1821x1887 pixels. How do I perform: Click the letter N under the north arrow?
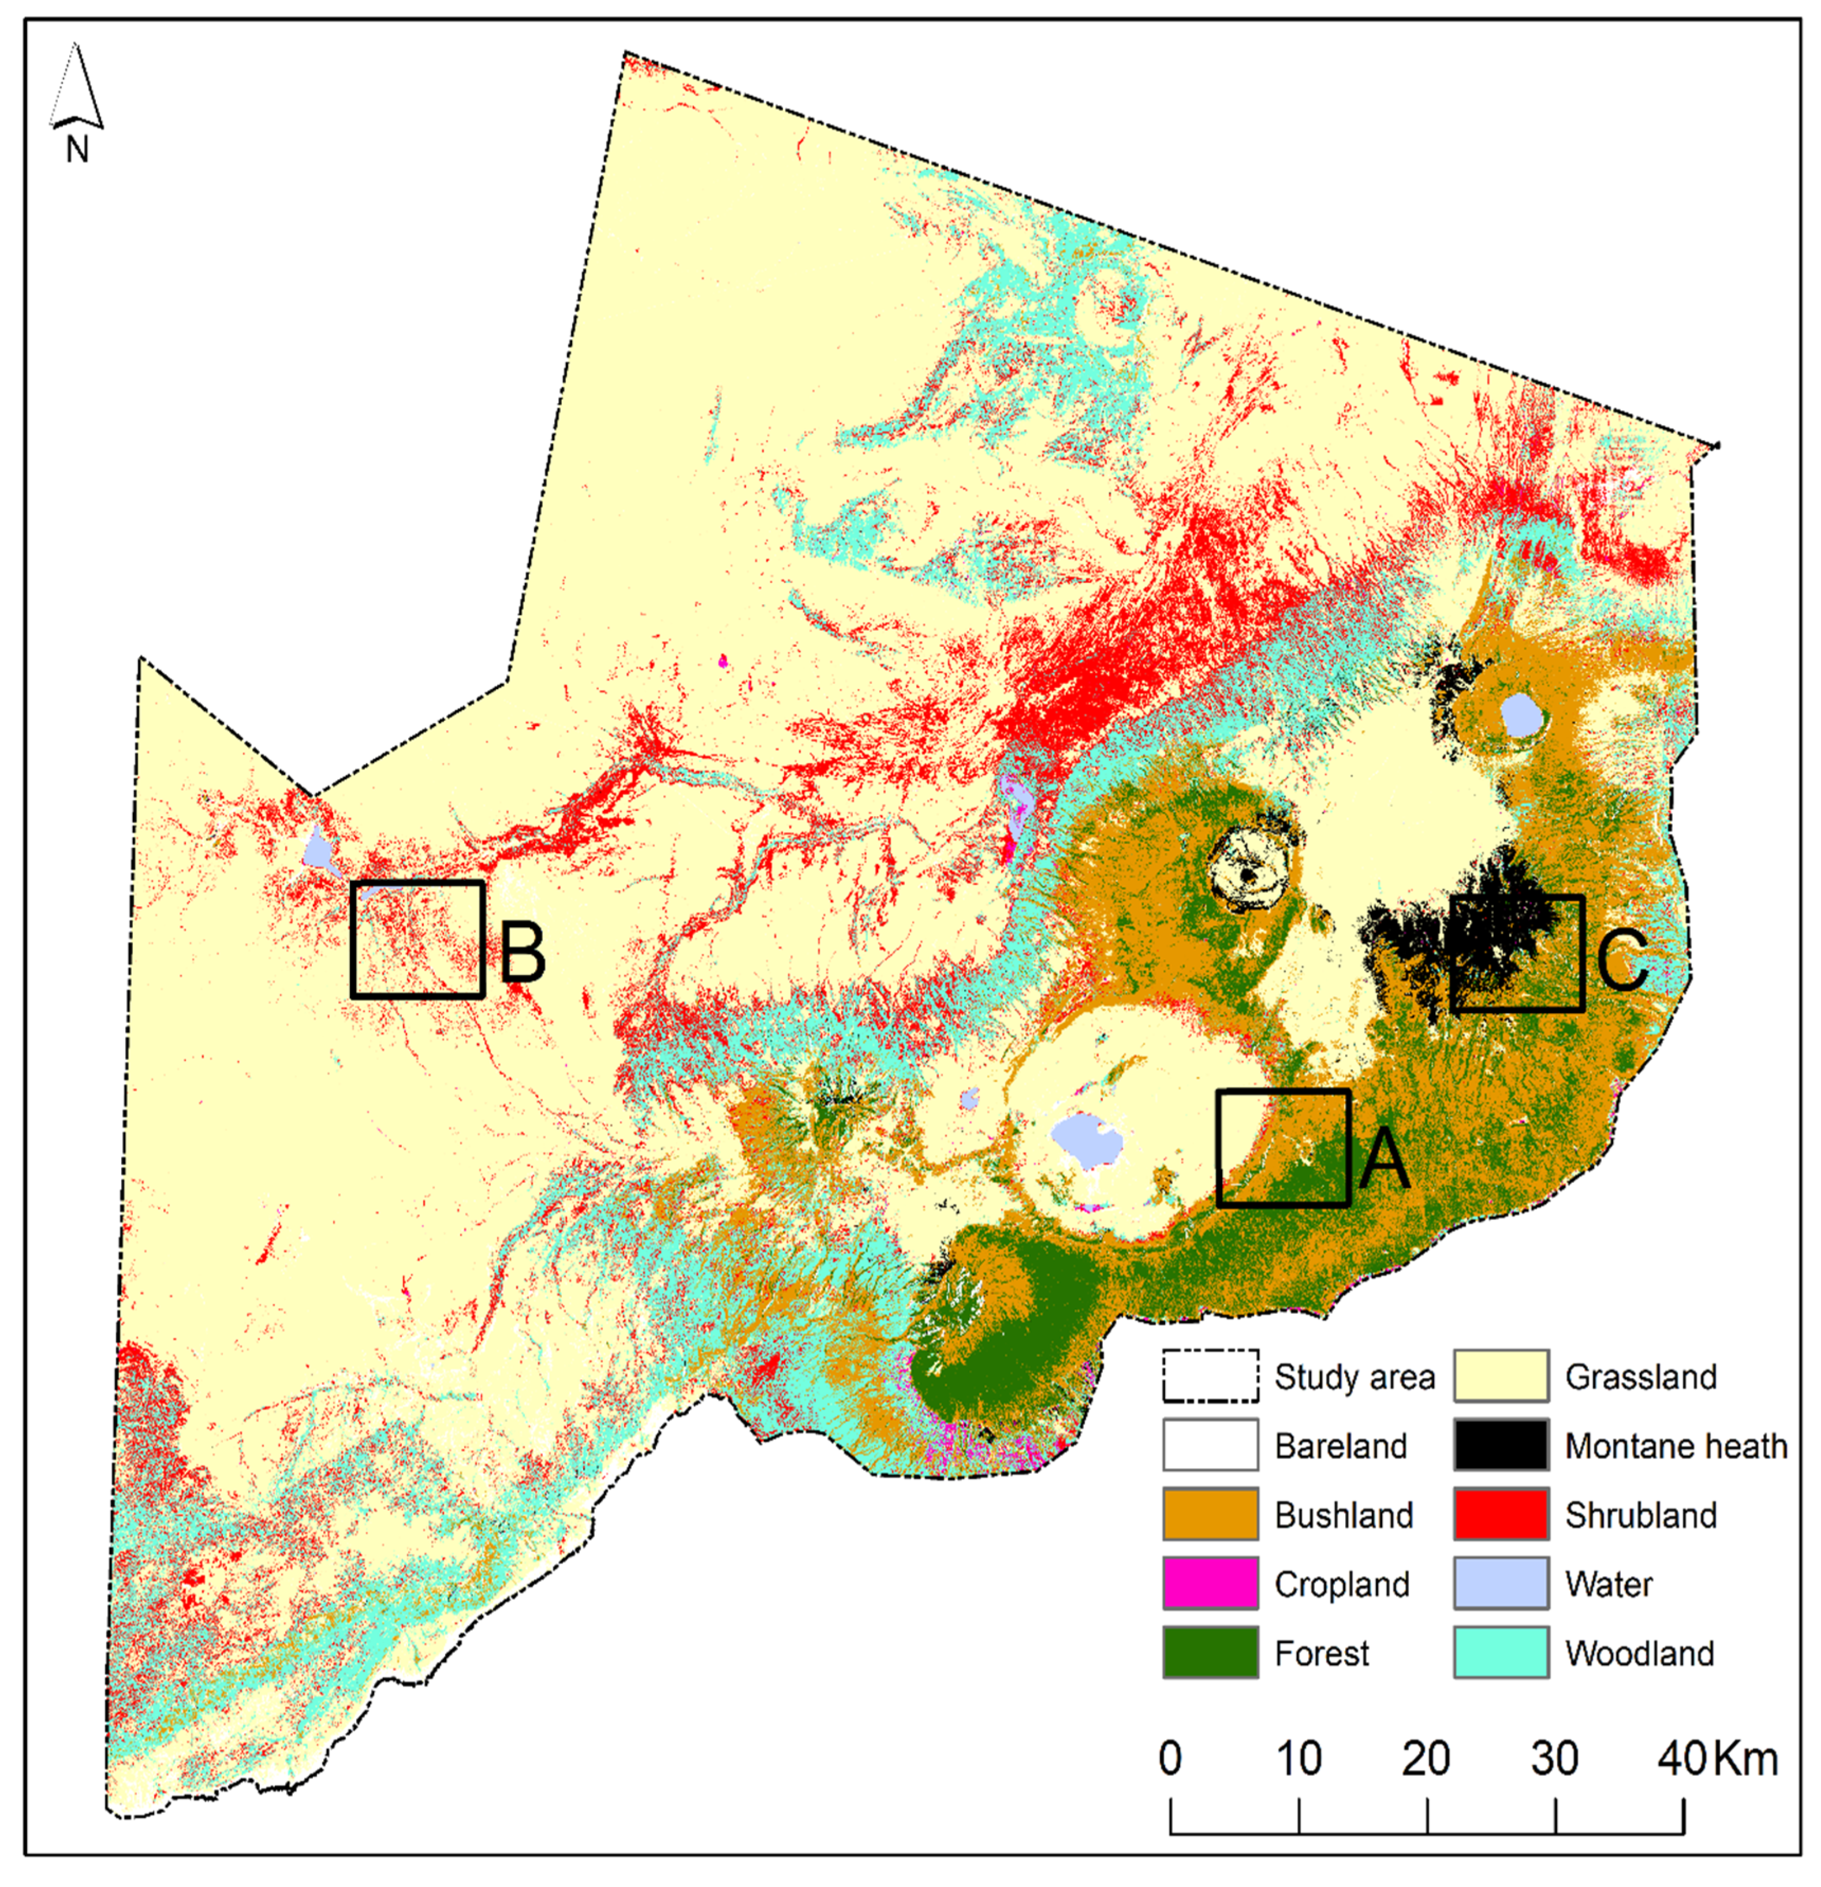(77, 150)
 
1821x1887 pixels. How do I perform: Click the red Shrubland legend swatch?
(1500, 1515)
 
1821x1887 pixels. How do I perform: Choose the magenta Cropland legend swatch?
(1210, 1584)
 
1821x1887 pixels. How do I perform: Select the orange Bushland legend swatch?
(1210, 1515)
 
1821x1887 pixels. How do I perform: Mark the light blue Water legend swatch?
(1500, 1584)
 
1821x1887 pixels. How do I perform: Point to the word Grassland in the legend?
(1640, 1377)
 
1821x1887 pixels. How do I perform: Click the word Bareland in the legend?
(1340, 1446)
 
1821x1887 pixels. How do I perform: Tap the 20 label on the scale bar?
(1425, 1759)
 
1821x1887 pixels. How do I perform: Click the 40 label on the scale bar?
(1680, 1759)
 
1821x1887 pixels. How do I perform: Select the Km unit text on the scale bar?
(1746, 1759)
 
